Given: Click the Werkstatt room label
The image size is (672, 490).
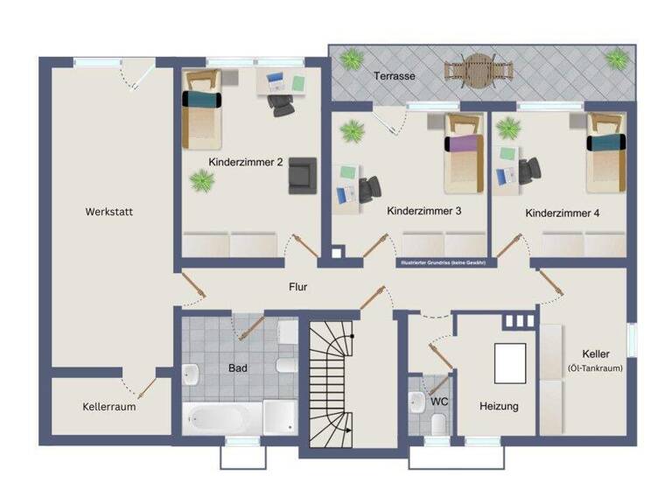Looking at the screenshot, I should pos(109,212).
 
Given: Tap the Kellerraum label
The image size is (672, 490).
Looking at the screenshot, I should pos(109,407).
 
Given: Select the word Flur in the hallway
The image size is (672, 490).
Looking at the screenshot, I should pos(298,286).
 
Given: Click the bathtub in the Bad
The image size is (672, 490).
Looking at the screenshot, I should pos(220,418).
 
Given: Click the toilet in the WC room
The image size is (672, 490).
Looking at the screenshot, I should pos(439,423).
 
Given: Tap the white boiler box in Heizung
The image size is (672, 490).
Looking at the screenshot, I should pos(510,363).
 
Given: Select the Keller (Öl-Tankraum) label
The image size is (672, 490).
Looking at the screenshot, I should pos(594,360).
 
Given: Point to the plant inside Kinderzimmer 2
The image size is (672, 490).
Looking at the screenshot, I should pos(202,181).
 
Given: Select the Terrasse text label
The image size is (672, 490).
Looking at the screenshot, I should pos(395,76).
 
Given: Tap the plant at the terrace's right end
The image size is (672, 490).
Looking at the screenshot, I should pos(617,59).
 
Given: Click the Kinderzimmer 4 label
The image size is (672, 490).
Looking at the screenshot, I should pos(563,213).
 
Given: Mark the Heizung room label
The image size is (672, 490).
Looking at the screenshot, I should pos(499,407).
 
